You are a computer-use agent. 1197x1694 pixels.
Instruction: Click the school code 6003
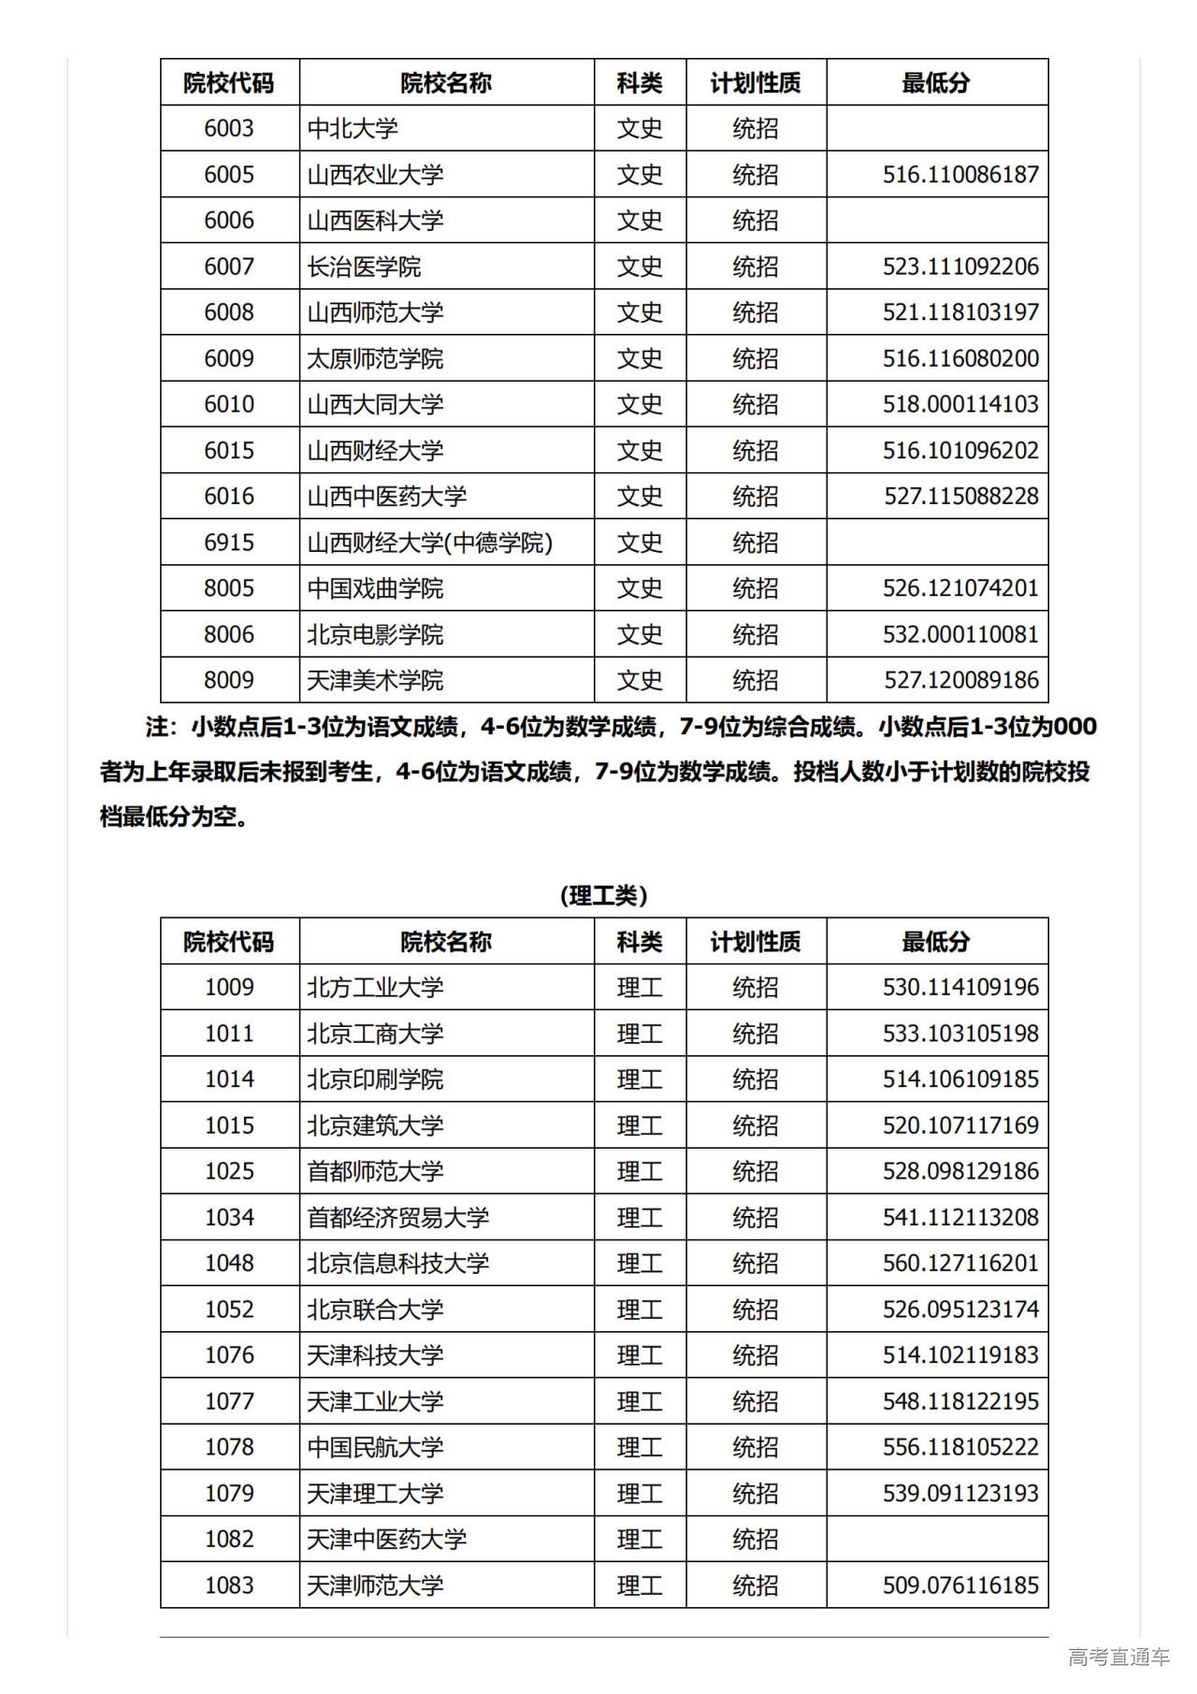tap(229, 128)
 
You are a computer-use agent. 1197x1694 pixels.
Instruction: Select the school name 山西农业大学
tap(375, 175)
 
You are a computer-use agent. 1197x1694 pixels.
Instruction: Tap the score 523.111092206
tap(960, 267)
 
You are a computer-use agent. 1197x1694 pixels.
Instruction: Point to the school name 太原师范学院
tap(375, 358)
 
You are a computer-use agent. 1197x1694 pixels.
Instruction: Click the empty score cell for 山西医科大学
tap(936, 221)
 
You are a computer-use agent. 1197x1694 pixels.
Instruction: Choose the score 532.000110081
tap(960, 634)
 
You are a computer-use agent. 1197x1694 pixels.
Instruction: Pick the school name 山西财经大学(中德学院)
tap(430, 543)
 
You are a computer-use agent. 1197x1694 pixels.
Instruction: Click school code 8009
tap(229, 680)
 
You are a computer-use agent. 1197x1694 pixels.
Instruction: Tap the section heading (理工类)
tap(603, 895)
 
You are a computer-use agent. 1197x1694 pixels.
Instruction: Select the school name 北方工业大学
tap(375, 988)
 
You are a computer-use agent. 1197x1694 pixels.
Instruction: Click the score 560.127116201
tap(960, 1263)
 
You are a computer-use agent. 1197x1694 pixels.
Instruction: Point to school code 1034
tap(229, 1217)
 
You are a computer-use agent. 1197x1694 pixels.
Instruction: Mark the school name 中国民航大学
tap(375, 1447)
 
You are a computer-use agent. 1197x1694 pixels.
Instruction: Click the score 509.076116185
tap(960, 1585)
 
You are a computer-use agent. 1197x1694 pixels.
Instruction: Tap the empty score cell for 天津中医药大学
tap(936, 1539)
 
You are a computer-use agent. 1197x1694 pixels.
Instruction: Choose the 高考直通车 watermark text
tap(1118, 1657)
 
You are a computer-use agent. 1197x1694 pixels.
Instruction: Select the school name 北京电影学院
tap(375, 634)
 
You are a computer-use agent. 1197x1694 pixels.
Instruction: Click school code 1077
tap(229, 1401)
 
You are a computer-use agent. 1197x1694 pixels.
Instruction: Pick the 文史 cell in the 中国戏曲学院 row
tap(640, 588)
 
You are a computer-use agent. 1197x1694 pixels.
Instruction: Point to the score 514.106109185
tap(960, 1079)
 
